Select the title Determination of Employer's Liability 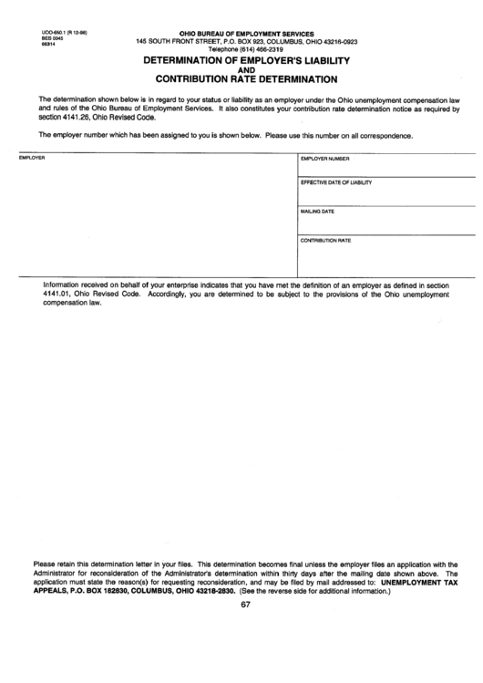pos(246,59)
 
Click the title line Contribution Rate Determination pos(247,78)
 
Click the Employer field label pos(32,158)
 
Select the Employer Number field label pos(325,158)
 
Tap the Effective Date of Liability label pos(336,182)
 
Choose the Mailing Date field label pos(318,212)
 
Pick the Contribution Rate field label pos(325,240)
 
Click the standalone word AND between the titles pos(246,69)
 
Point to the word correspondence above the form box pos(387,136)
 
